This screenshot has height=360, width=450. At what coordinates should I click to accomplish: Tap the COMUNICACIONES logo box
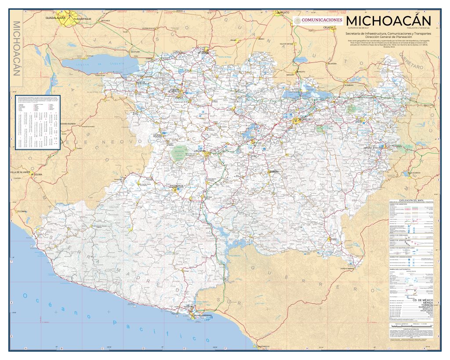pos(318,20)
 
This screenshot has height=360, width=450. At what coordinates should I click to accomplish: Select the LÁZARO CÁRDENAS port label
pos(201,315)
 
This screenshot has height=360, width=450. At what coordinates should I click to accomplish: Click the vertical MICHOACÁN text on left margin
pos(18,48)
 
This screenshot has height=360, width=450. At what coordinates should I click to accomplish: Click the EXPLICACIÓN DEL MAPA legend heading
pos(413,199)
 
